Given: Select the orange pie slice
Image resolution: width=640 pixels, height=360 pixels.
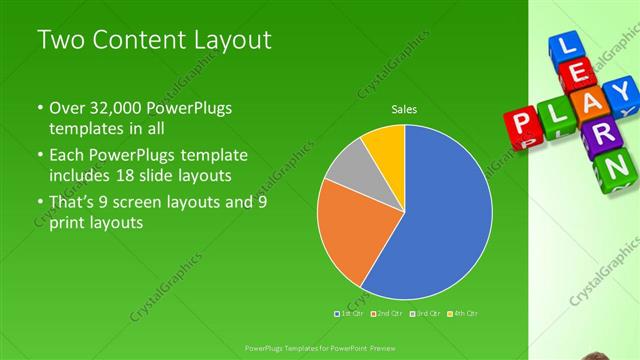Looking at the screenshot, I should [x=350, y=235].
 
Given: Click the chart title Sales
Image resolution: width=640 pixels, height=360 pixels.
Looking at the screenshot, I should [x=404, y=109].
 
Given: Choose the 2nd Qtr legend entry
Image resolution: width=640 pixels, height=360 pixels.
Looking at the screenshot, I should [x=388, y=314].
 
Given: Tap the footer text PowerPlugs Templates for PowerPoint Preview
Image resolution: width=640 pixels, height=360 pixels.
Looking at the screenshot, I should [x=320, y=346].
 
